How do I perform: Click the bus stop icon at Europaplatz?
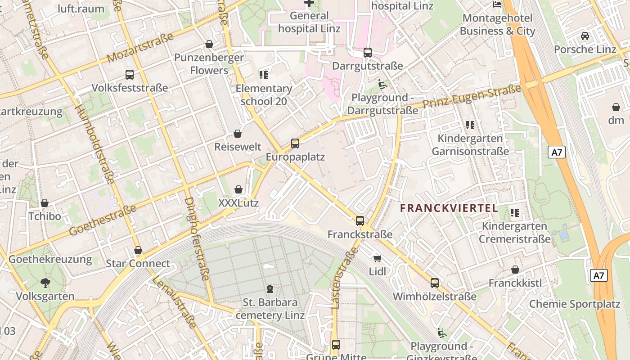tap(295, 144)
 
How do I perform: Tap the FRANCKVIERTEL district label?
tap(449, 208)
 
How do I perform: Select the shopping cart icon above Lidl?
tap(378, 258)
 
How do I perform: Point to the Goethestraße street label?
tap(103, 220)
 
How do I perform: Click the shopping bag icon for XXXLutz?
tap(238, 189)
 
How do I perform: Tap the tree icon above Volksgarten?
tap(45, 283)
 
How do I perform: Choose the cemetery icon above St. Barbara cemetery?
tap(270, 288)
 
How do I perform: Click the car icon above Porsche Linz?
tap(585, 36)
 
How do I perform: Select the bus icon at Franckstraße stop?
tap(360, 220)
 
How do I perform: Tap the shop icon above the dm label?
tap(616, 107)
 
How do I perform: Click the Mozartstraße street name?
tap(140, 48)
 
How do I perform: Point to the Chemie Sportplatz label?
tap(575, 304)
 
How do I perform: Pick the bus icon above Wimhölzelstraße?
tap(435, 283)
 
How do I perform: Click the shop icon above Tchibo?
tap(45, 203)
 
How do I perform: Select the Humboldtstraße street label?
tap(94, 144)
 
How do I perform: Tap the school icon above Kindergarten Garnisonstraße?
tap(470, 125)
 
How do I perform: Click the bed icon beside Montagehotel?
tap(497, 4)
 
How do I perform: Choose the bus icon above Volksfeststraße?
tap(130, 74)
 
